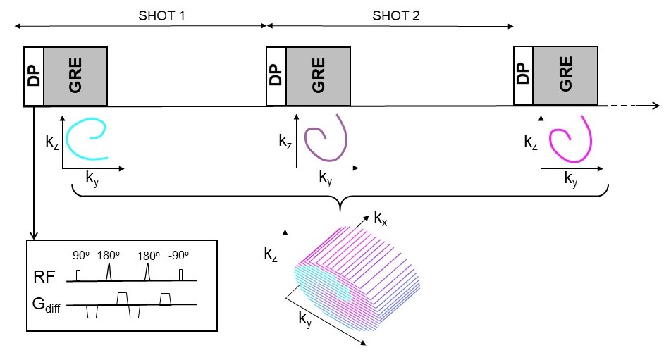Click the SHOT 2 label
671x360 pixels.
coord(396,15)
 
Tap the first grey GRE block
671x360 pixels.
coord(75,76)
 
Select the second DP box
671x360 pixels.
coord(276,76)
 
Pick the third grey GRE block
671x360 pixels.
coord(566,75)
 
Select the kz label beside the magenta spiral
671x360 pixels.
coord(531,142)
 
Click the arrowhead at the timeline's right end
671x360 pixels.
coord(655,106)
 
